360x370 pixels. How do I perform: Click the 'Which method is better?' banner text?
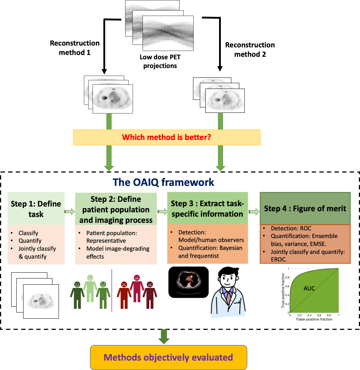pyautogui.click(x=167, y=137)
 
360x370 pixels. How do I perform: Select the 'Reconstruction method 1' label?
pyautogui.click(x=74, y=48)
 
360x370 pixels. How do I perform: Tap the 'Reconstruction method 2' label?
pyautogui.click(x=250, y=50)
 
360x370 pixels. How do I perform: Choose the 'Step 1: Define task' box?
pyautogui.click(x=36, y=209)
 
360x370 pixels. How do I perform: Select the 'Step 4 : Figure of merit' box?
pyautogui.click(x=305, y=209)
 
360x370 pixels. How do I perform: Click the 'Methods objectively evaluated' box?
pyautogui.click(x=168, y=357)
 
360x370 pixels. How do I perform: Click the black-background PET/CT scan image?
pyautogui.click(x=188, y=282)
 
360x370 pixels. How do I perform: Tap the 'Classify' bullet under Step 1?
pyautogui.click(x=29, y=234)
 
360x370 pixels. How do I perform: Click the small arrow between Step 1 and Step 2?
pyautogui.click(x=69, y=212)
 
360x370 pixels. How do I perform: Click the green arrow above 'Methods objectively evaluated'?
pyautogui.click(x=164, y=336)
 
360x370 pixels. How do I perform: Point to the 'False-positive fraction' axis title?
pyautogui.click(x=314, y=320)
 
